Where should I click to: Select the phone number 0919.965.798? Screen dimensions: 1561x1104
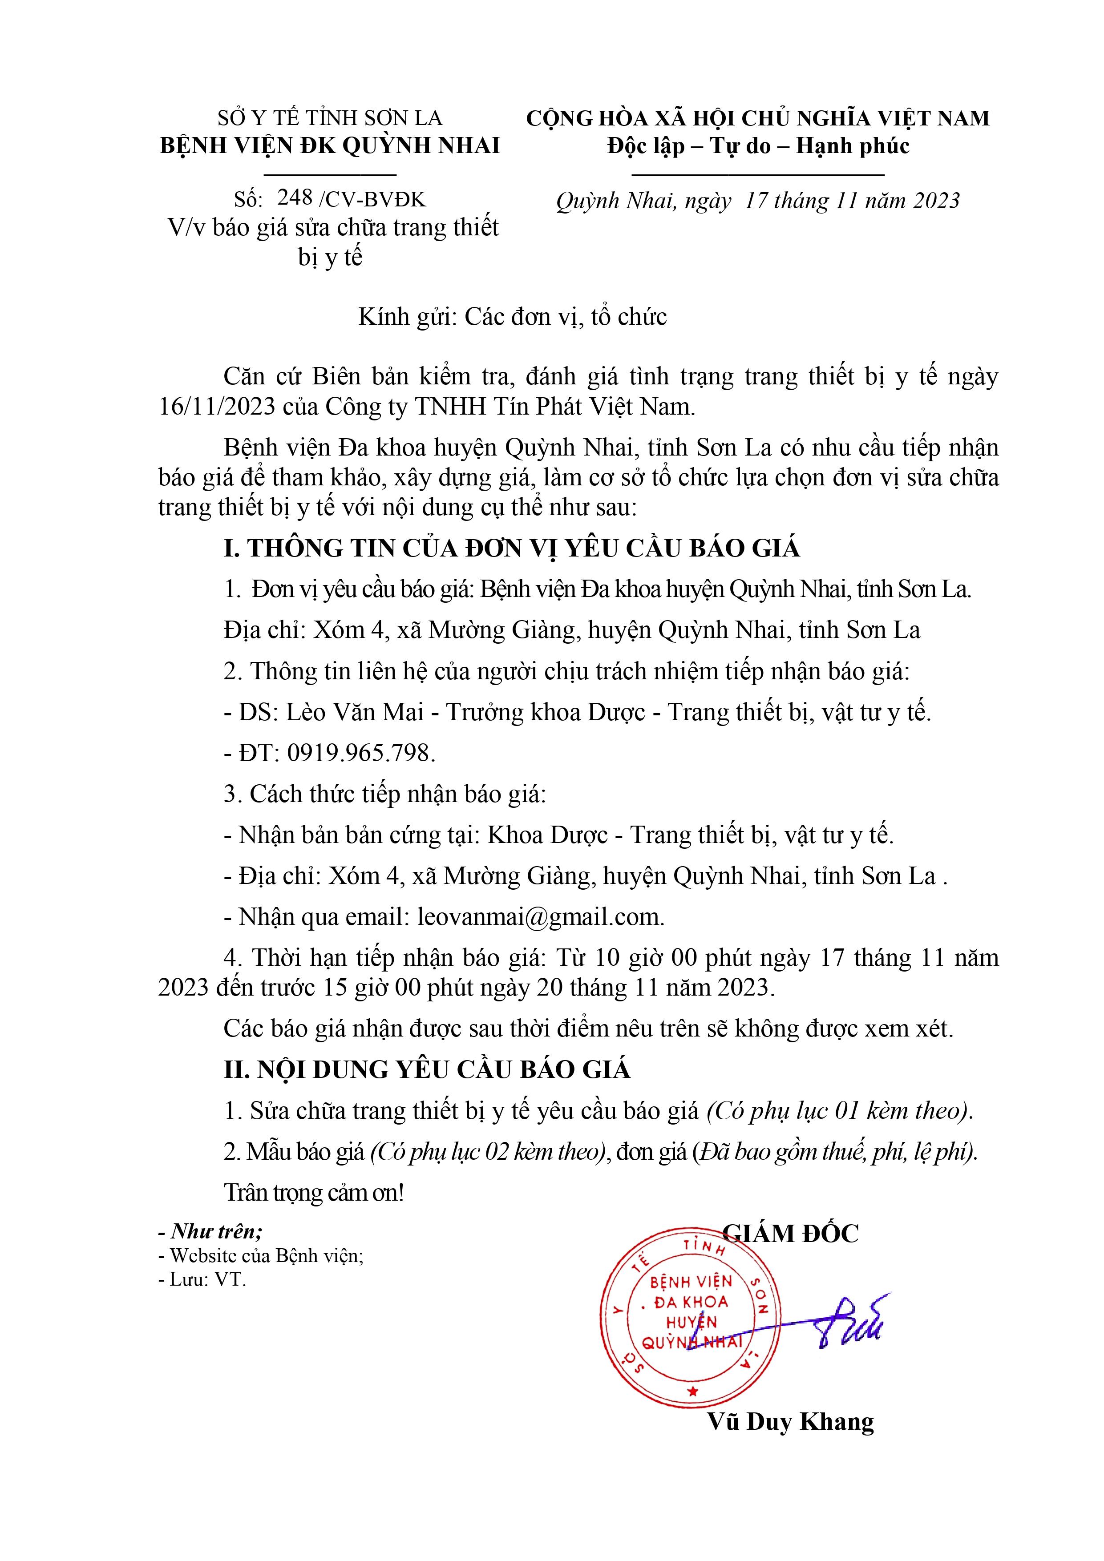coord(360,753)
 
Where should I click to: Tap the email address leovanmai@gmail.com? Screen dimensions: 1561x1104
coord(540,917)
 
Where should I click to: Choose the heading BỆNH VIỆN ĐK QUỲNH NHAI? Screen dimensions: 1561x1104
coord(330,145)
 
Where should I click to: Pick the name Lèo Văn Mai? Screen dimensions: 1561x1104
coord(354,712)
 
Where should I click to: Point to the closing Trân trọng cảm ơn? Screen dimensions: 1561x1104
coord(314,1193)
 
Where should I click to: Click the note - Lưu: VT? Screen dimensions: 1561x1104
coord(202,1279)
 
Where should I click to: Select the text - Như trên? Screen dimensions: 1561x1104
coord(210,1231)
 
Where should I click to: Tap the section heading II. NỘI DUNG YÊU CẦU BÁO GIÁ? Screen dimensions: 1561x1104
coord(427,1069)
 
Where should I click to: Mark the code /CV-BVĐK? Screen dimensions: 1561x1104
coord(372,199)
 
